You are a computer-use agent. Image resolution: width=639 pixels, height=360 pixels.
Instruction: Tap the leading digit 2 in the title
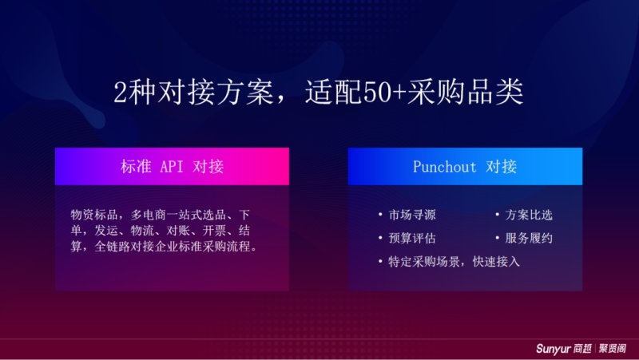121,93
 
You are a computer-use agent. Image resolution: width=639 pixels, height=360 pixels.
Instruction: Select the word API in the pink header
172,167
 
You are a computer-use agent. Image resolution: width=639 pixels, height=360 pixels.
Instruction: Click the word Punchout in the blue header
444,167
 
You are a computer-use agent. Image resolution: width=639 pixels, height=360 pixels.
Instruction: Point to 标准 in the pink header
136,167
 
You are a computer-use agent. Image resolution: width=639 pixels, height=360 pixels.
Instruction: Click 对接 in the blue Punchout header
502,167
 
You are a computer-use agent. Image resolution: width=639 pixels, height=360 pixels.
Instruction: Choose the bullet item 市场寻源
412,215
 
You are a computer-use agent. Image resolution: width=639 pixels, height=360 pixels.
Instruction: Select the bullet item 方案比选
529,215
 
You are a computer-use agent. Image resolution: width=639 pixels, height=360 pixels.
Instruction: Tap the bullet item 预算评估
412,238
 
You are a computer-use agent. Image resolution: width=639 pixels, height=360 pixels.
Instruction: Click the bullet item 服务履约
529,238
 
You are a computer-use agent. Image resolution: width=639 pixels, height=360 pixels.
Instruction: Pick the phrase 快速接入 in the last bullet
496,262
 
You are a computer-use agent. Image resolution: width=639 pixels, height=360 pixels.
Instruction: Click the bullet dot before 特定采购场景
380,261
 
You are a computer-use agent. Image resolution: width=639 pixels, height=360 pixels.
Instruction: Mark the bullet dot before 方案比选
497,214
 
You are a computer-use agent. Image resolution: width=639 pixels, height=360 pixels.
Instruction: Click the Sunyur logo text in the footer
554,349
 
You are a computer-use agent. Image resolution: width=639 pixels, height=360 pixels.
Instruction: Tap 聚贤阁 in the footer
613,349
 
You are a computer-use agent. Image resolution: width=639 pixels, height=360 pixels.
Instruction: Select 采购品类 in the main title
465,93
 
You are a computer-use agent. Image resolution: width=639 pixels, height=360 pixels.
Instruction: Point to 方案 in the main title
244,93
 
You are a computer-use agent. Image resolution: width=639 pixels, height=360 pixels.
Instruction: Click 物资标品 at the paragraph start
94,215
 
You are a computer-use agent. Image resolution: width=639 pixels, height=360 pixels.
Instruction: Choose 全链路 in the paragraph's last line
112,247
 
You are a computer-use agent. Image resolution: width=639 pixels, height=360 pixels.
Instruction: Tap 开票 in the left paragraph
214,231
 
